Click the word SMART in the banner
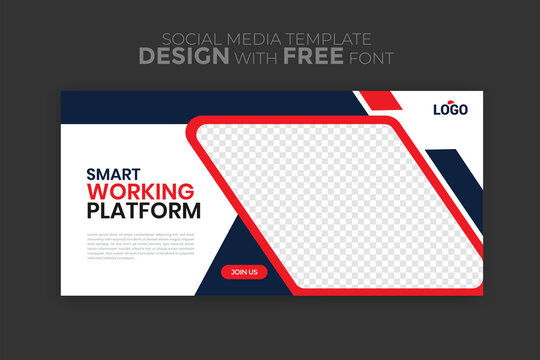pos(114,173)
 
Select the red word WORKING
pos(140,191)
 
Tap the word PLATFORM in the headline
pos(144,211)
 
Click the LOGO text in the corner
pos(450,111)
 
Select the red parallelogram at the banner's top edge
pos(378,100)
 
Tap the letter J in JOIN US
pos(233,272)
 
